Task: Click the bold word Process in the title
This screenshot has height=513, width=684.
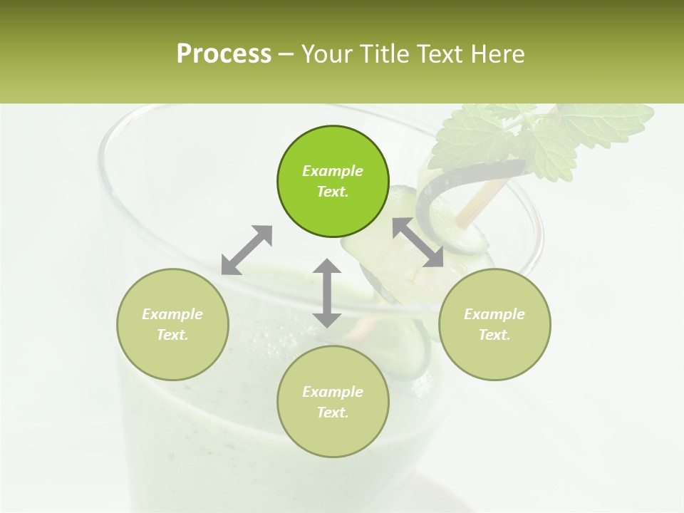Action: (x=224, y=54)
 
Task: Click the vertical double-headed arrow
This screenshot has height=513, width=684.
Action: (x=327, y=293)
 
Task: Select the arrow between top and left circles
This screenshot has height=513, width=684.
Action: (x=247, y=250)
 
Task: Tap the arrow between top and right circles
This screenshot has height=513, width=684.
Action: (x=418, y=242)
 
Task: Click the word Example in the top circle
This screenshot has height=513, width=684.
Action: (x=333, y=171)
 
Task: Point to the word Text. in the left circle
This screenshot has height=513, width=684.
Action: (x=172, y=335)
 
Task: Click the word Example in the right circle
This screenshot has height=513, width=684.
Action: (x=494, y=314)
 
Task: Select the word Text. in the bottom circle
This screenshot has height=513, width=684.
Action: (x=333, y=413)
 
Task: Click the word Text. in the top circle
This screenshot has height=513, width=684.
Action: (x=333, y=192)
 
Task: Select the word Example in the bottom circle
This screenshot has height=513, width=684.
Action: (x=333, y=392)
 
